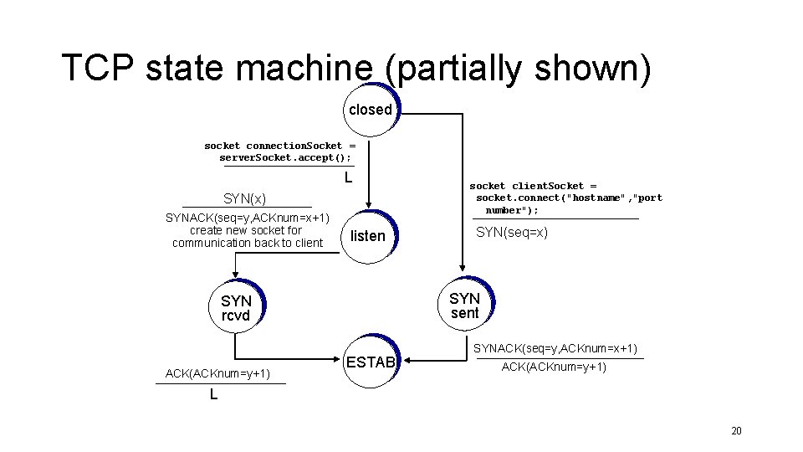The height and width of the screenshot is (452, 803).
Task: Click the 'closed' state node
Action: pos(371,110)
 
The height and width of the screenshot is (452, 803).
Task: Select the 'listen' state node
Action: pos(368,236)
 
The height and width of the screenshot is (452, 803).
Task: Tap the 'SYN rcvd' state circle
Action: pos(236,307)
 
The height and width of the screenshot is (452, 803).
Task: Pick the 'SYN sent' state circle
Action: pos(464,306)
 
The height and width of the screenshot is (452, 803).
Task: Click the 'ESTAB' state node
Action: pos(370,362)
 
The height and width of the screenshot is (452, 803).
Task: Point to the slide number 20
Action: pos(736,431)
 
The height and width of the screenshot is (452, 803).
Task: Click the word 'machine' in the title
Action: pos(301,69)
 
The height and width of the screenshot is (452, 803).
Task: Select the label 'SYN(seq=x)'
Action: pos(512,233)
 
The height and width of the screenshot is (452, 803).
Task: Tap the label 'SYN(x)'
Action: pos(244,198)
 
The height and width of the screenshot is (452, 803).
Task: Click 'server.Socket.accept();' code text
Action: pos(285,157)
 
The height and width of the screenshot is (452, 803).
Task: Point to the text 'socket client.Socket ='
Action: pos(533,186)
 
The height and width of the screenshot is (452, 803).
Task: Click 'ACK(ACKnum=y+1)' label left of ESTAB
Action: pos(217,373)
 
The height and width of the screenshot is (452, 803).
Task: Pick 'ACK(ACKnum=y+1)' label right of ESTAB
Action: pos(554,367)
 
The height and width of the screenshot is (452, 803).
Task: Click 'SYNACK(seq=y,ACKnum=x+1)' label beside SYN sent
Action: pos(555,348)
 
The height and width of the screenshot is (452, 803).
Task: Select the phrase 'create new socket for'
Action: pos(246,230)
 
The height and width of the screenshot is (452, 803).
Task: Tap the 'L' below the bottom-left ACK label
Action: pos(214,394)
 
